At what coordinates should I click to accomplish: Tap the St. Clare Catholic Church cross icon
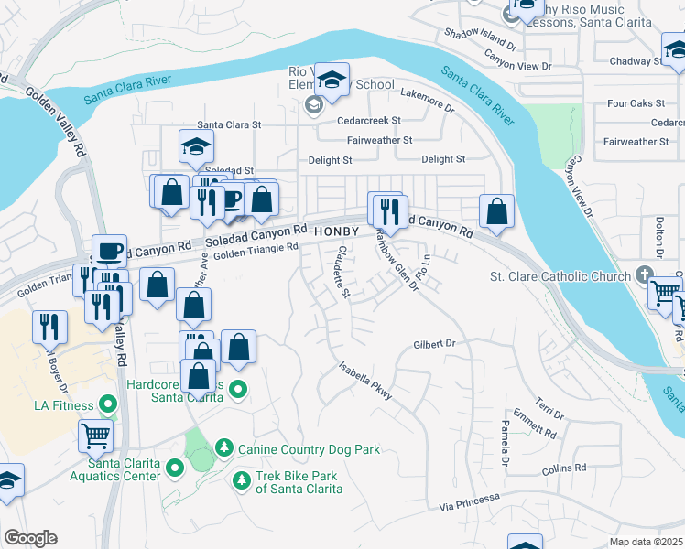click(645, 275)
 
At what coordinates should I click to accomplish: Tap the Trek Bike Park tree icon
click(241, 479)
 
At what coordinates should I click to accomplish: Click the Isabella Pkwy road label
click(365, 380)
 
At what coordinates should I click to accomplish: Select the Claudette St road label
click(342, 271)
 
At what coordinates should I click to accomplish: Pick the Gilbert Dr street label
click(434, 343)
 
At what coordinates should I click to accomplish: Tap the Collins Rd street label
click(563, 468)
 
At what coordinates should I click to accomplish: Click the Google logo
click(30, 537)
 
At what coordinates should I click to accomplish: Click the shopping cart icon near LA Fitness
click(96, 436)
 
